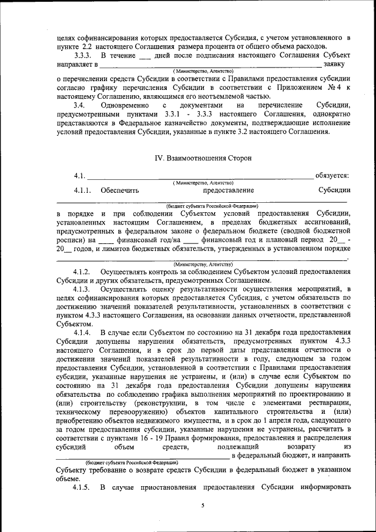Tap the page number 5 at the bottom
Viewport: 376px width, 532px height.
202,505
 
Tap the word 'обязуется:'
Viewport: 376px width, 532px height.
333,175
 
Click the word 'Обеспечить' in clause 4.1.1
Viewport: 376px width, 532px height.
119,190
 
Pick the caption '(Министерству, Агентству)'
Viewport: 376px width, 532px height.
203,265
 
